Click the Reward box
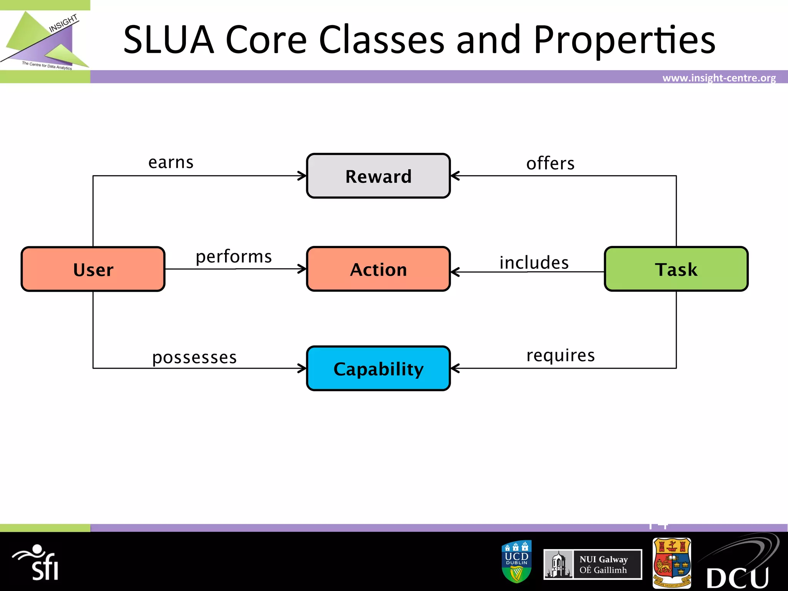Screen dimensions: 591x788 378,176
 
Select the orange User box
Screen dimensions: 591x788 93,269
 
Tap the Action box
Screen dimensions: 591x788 378,269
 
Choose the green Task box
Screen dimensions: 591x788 676,269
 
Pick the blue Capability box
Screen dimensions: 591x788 378,368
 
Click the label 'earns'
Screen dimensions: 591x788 171,162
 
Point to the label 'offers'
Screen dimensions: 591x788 550,164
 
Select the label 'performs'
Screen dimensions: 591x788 234,257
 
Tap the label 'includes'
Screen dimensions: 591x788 534,263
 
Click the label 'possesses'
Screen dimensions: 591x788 194,357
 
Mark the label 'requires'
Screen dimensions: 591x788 560,355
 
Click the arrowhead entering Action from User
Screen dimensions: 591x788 302,269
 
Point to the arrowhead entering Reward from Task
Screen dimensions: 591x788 455,176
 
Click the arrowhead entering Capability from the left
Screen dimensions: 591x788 302,368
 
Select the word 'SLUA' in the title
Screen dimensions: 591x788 169,40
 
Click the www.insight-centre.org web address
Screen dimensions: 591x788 719,78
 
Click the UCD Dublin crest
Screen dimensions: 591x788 517,561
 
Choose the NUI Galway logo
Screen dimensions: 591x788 593,564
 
